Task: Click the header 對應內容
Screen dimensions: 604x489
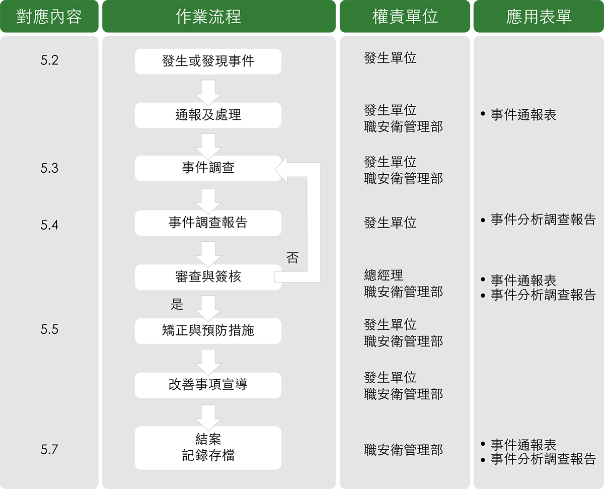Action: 49,16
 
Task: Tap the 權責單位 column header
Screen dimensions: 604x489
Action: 405,16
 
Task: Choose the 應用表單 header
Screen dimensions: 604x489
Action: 539,16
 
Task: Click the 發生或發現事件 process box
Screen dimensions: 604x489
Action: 208,61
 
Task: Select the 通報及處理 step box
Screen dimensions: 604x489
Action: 208,115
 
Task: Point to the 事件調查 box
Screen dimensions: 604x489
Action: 208,169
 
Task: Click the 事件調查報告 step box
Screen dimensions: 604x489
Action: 208,223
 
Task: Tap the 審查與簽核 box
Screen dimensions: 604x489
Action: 208,277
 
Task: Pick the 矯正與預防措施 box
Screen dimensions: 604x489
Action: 208,331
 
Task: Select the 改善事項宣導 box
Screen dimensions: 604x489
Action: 208,385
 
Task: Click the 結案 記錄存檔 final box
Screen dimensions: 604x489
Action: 208,448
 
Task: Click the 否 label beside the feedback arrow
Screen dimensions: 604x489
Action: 292,257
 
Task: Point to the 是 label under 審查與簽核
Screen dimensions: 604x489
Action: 177,304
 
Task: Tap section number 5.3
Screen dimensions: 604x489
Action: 49,168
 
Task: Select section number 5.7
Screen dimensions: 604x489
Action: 49,450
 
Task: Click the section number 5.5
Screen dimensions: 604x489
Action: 49,329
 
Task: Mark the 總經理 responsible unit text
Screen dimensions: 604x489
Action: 384,275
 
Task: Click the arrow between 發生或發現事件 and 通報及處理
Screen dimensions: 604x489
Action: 208,93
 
